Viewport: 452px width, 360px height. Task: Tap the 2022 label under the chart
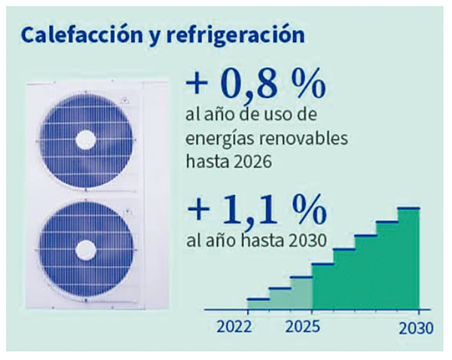(234, 328)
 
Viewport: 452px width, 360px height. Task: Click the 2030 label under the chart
(416, 328)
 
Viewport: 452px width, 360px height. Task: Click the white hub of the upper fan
(85, 139)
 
